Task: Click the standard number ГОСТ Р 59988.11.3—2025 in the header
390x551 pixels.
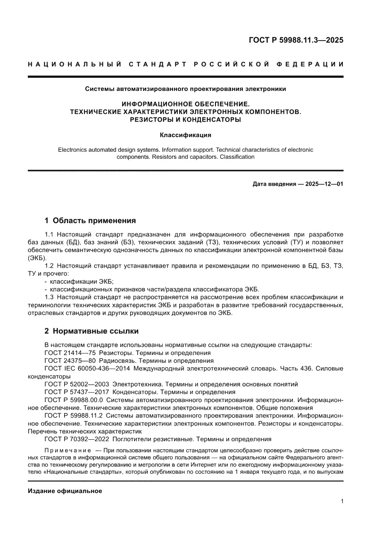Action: pyautogui.click(x=296, y=40)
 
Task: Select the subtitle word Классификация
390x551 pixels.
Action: pyautogui.click(x=185, y=135)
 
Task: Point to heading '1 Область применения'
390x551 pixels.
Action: pyautogui.click(x=90, y=220)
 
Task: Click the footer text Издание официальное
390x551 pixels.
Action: pyautogui.click(x=65, y=491)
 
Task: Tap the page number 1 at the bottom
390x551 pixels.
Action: pyautogui.click(x=341, y=502)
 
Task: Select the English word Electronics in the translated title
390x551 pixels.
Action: pyautogui.click(x=74, y=149)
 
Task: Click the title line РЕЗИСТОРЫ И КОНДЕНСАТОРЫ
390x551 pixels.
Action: pyautogui.click(x=185, y=120)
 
